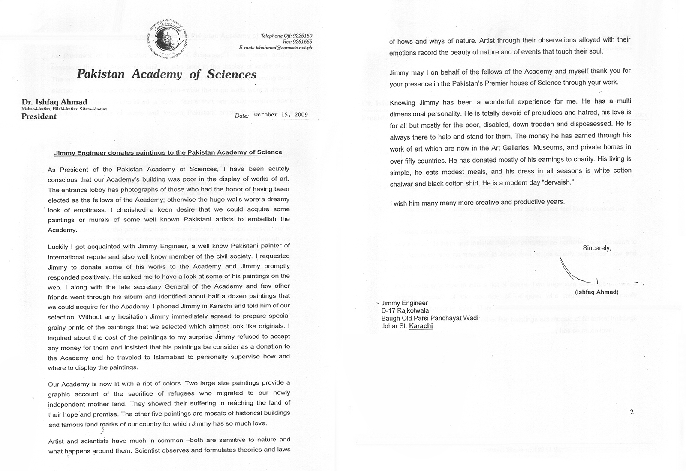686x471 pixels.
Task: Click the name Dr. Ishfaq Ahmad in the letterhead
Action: [x=54, y=102]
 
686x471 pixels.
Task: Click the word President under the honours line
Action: [x=39, y=116]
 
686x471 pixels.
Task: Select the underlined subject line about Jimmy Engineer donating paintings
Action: [x=168, y=152]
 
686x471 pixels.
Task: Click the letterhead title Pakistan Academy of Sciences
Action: [x=167, y=75]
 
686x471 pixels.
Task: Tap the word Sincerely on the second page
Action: [x=596, y=248]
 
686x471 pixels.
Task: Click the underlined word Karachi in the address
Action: [x=421, y=326]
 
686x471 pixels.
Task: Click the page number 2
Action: [x=632, y=412]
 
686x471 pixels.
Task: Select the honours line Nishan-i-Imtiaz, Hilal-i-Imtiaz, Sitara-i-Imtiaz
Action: [x=64, y=109]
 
